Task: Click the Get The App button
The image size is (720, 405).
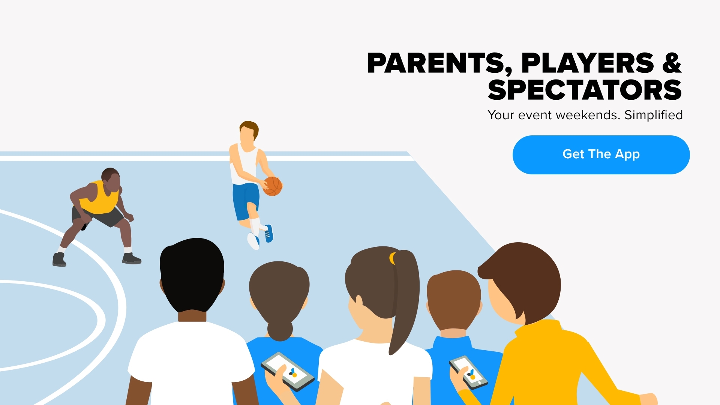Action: [601, 154]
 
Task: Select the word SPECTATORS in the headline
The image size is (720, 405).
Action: [585, 90]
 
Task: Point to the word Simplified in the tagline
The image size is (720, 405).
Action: [653, 115]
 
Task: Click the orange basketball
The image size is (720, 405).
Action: [273, 186]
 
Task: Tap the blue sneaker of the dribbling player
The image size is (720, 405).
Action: [269, 233]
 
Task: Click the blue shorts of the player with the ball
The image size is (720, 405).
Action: [246, 201]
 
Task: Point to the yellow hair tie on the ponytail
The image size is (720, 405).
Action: [392, 258]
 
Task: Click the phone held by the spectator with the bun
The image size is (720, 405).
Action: [288, 372]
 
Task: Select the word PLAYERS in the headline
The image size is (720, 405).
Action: [588, 63]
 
